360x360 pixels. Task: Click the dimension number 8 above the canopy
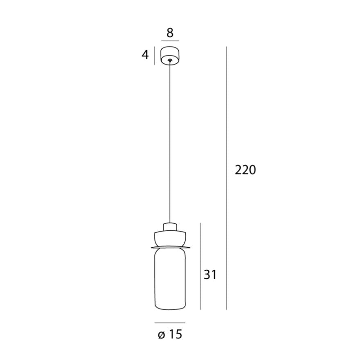pyautogui.click(x=170, y=32)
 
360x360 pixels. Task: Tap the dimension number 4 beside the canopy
pyautogui.click(x=145, y=55)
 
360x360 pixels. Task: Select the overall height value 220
pyautogui.click(x=245, y=170)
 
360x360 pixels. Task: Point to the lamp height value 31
pyautogui.click(x=210, y=275)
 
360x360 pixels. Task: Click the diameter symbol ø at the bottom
pyautogui.click(x=161, y=335)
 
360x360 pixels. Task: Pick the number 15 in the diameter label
pyautogui.click(x=175, y=335)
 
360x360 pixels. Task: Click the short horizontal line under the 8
pyautogui.click(x=170, y=41)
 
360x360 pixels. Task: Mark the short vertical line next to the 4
pyautogui.click(x=154, y=56)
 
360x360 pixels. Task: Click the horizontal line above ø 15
pyautogui.click(x=170, y=323)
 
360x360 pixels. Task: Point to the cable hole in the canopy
pyautogui.click(x=170, y=61)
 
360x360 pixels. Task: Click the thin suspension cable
pyautogui.click(x=170, y=143)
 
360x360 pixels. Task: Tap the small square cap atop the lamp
pyautogui.click(x=170, y=227)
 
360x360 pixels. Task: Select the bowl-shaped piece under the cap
pyautogui.click(x=170, y=238)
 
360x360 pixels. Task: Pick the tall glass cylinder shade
pyautogui.click(x=170, y=278)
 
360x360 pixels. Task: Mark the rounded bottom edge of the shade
pyautogui.click(x=170, y=308)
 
